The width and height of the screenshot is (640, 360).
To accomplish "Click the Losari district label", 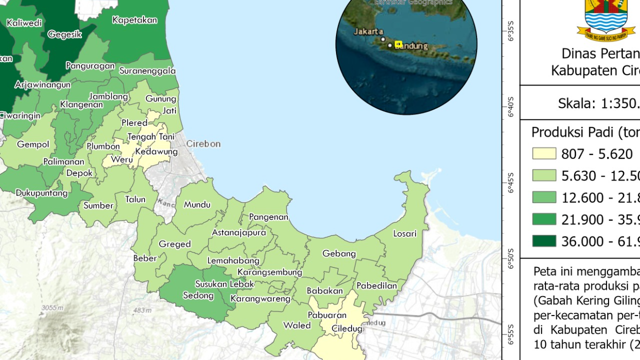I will (x=404, y=233).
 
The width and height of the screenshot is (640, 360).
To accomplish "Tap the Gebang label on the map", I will (x=339, y=253).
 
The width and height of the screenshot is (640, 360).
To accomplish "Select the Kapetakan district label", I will (x=134, y=20).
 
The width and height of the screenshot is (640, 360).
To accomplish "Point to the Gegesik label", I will (x=64, y=34).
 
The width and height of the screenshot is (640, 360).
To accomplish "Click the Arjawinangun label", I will (x=42, y=84).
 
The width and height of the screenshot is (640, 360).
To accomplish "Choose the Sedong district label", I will (x=198, y=295).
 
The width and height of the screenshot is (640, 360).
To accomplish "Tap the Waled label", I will (x=297, y=325).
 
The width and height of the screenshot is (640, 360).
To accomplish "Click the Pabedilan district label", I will (x=376, y=285).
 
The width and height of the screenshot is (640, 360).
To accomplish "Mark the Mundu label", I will (x=197, y=204).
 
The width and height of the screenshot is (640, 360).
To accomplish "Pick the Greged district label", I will (x=174, y=244).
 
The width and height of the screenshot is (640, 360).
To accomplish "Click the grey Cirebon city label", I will (x=203, y=144).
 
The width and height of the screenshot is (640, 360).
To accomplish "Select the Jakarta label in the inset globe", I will (x=368, y=31).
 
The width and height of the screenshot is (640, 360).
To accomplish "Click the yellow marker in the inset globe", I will (x=398, y=44).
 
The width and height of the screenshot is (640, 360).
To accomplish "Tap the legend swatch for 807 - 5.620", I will (x=544, y=153).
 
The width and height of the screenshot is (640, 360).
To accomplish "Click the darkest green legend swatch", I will (x=544, y=241).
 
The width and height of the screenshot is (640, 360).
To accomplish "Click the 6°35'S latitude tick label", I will (x=511, y=31).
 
